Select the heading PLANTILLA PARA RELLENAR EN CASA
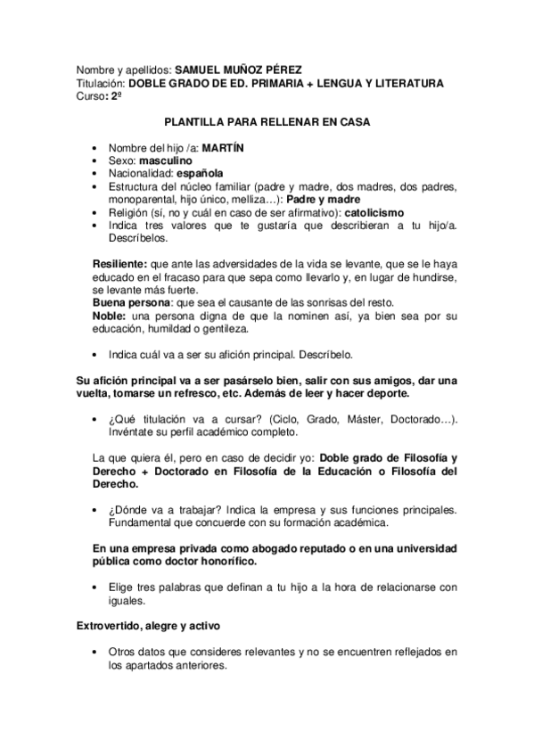click(267, 121)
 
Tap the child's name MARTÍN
click(223, 145)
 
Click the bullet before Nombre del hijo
click(96, 146)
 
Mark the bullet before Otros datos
click(96, 653)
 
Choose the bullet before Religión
click(96, 215)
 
